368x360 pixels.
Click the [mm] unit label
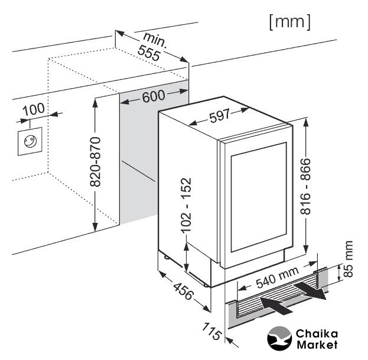[x=289, y=22]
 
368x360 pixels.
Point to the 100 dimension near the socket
[x=34, y=109]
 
